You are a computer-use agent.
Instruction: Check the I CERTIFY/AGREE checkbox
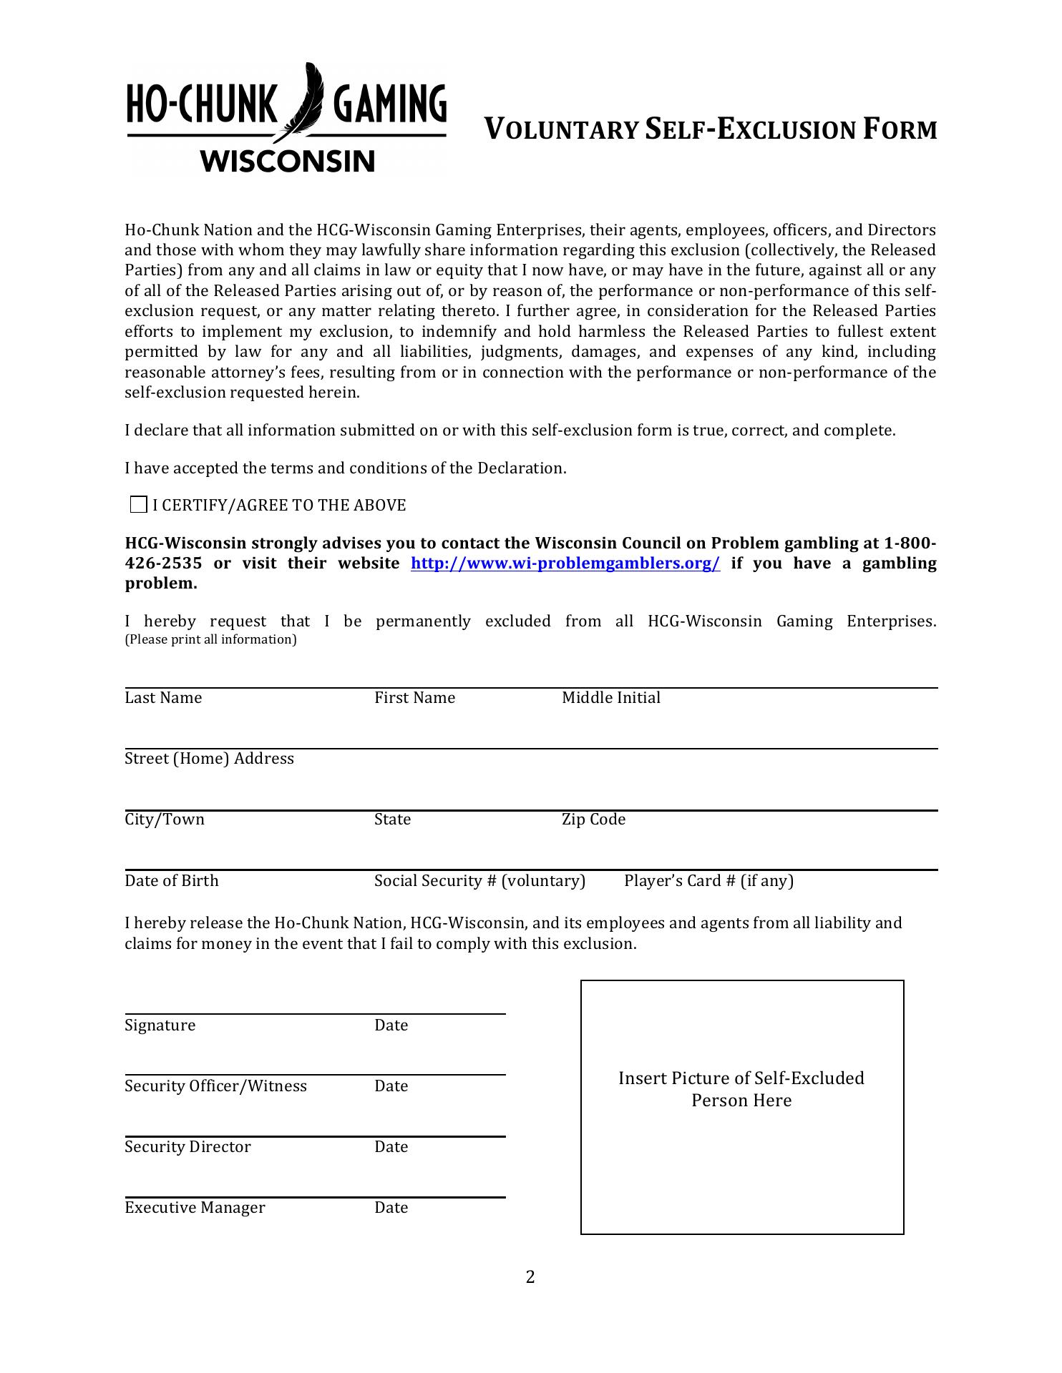click(139, 505)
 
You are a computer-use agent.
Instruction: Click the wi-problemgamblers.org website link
click(565, 564)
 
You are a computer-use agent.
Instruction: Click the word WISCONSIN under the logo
click(288, 161)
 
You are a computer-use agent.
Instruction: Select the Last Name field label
click(163, 698)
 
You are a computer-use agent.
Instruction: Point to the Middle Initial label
click(610, 698)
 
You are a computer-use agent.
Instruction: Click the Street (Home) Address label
click(209, 759)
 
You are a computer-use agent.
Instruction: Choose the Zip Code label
click(593, 820)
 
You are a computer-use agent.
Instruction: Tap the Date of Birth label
click(172, 881)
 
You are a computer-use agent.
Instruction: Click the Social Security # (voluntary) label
click(479, 881)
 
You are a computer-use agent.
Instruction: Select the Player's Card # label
click(708, 881)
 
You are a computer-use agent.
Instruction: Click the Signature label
click(160, 1025)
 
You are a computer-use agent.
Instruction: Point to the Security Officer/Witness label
click(215, 1086)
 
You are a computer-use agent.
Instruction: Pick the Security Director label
click(187, 1147)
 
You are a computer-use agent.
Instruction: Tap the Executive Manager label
click(195, 1208)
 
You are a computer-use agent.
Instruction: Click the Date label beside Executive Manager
click(391, 1208)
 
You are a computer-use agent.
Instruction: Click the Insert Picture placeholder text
click(741, 1089)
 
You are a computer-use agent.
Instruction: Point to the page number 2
click(530, 1277)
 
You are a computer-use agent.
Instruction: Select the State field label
click(392, 820)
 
